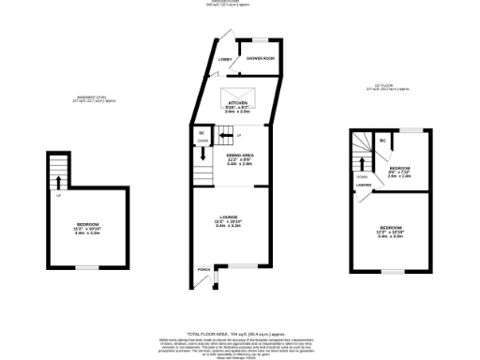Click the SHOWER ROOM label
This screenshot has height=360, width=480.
coord(261,58)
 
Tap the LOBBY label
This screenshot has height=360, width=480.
coord(225,59)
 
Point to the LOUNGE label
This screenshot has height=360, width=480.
coord(229,221)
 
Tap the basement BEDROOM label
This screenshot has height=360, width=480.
coord(87,229)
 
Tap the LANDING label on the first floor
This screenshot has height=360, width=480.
coord(364,185)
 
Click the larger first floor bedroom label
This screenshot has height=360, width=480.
coord(390,232)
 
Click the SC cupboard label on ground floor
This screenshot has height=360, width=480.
coord(202,134)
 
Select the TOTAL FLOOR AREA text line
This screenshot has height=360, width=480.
coord(239,333)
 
